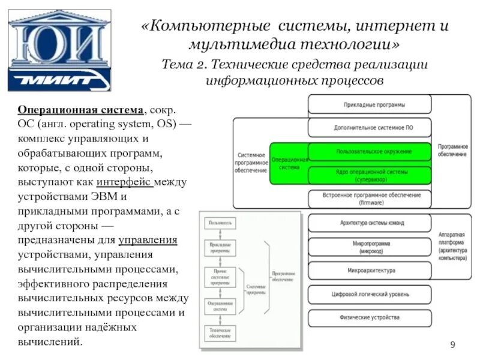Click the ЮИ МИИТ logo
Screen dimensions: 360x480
tap(59, 50)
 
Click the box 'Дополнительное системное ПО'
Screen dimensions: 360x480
tap(370, 128)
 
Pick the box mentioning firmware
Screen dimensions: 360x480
tap(370, 199)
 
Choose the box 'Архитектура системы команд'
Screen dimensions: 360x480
tap(370, 223)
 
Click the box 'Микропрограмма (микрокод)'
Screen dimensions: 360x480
tap(370, 247)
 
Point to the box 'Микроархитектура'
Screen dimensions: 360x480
tap(370, 271)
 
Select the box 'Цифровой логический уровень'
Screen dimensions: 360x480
tap(370, 294)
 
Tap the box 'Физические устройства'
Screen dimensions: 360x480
tap(370, 317)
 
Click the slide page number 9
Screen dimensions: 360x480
tap(453, 344)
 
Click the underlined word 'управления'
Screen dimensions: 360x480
tap(148, 241)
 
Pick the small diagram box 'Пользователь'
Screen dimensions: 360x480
tap(220, 223)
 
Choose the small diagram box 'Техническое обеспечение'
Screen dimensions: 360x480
tap(220, 334)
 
